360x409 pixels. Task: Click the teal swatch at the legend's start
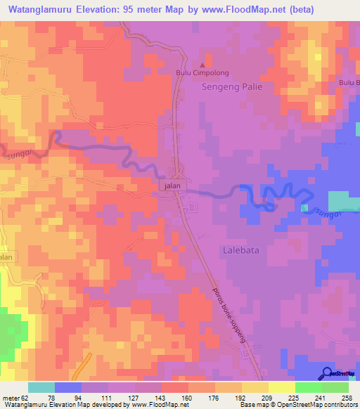point(41,387)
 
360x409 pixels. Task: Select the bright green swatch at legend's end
point(335,387)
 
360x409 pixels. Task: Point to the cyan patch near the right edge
point(345,202)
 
